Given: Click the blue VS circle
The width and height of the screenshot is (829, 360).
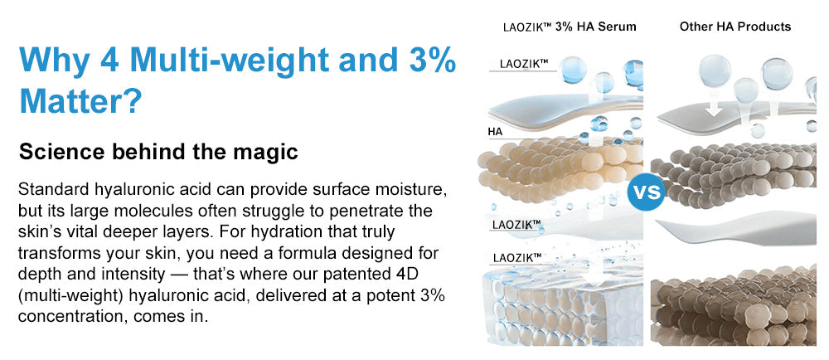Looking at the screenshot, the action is tap(645, 192).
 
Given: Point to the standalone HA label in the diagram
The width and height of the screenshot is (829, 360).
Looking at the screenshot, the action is tap(496, 132).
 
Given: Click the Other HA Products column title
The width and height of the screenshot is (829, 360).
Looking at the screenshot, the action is tap(734, 27).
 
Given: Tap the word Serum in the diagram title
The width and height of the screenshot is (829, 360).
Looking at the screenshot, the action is tap(618, 27).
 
